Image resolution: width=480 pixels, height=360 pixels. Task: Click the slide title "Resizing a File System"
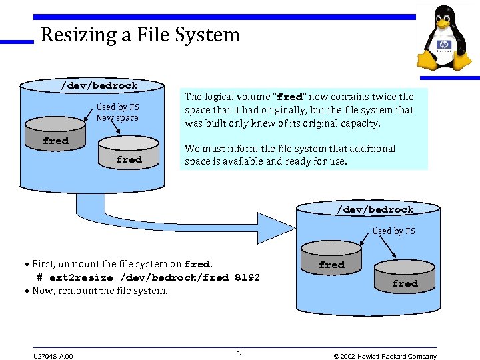coord(140,35)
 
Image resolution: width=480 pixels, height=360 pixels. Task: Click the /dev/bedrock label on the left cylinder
coord(99,85)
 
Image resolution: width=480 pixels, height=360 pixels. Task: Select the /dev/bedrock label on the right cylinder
coord(375,209)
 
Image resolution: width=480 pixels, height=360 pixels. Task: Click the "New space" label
coord(117,118)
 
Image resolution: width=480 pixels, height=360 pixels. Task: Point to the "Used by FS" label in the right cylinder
coord(393,231)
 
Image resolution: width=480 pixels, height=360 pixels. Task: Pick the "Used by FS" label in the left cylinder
coord(117,107)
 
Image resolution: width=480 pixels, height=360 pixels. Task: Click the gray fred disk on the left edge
coord(55,141)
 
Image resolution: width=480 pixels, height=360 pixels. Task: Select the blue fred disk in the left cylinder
coord(129,159)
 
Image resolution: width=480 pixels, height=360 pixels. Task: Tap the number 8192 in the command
coord(247,277)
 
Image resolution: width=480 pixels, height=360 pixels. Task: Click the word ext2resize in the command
coord(81,277)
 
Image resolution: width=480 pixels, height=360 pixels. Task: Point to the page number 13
coord(241,353)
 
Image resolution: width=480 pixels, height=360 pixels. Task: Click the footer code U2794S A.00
coord(53,356)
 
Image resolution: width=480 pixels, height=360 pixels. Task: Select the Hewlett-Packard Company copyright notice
coord(385,356)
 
